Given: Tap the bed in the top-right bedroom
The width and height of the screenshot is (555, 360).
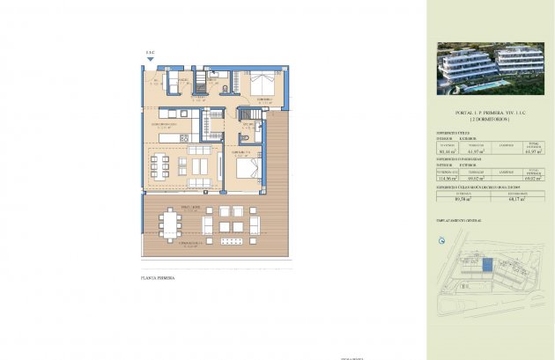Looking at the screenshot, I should click(263, 84).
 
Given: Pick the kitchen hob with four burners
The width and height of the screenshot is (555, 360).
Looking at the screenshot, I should click(183, 137).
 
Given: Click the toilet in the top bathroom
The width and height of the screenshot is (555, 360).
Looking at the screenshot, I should click(226, 89).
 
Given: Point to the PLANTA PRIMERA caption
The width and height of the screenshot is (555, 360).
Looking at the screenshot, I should click(158, 278).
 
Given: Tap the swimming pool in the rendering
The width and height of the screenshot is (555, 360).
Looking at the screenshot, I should click(494, 84).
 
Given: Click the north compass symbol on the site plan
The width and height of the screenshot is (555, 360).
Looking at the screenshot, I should click(441, 239).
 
